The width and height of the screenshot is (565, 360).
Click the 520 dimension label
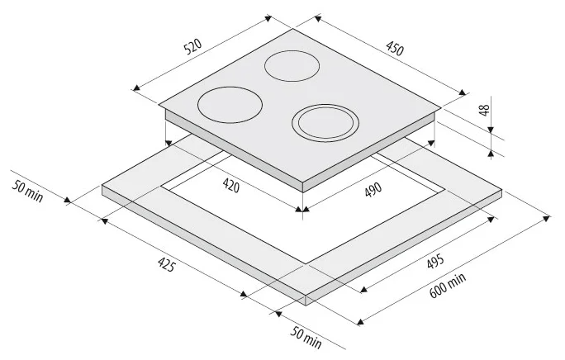pos(192,46)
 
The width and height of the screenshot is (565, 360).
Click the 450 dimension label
pos(395,49)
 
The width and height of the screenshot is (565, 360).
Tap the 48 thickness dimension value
pos(485,110)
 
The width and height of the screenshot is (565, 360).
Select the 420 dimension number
pos(231,185)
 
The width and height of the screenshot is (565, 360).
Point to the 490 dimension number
pos(373,190)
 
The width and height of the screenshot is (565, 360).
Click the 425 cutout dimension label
pos(167,264)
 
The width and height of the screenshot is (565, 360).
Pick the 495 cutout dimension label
pos(435,262)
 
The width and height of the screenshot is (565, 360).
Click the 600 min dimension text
pos(448,285)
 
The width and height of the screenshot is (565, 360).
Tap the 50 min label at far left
pos(27,191)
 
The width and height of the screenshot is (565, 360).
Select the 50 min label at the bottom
pos(306,338)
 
